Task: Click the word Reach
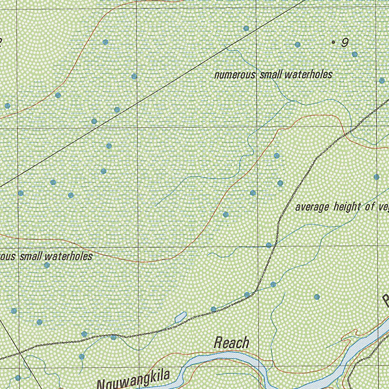click(231, 343)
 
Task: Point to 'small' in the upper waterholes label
click(271, 74)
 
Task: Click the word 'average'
click(313, 207)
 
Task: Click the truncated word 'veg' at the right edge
click(383, 208)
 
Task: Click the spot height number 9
click(345, 43)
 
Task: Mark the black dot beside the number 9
click(334, 43)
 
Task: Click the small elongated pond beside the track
click(180, 316)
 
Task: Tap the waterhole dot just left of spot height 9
click(297, 44)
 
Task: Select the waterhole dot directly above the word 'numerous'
click(246, 28)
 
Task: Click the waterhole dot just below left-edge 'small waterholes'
click(47, 265)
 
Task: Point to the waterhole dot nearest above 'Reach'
click(213, 309)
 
